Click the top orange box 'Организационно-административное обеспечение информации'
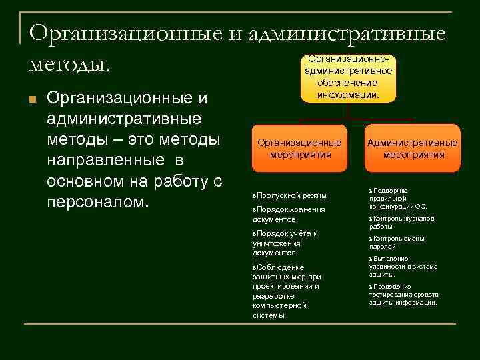coord(348,77)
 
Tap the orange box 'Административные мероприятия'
coord(413,148)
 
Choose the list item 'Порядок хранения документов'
coord(288,214)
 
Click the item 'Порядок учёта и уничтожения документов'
coord(285,243)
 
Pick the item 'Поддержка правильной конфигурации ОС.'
coord(398,198)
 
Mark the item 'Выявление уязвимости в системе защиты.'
coord(403,266)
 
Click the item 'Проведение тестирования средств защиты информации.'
coord(403,294)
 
